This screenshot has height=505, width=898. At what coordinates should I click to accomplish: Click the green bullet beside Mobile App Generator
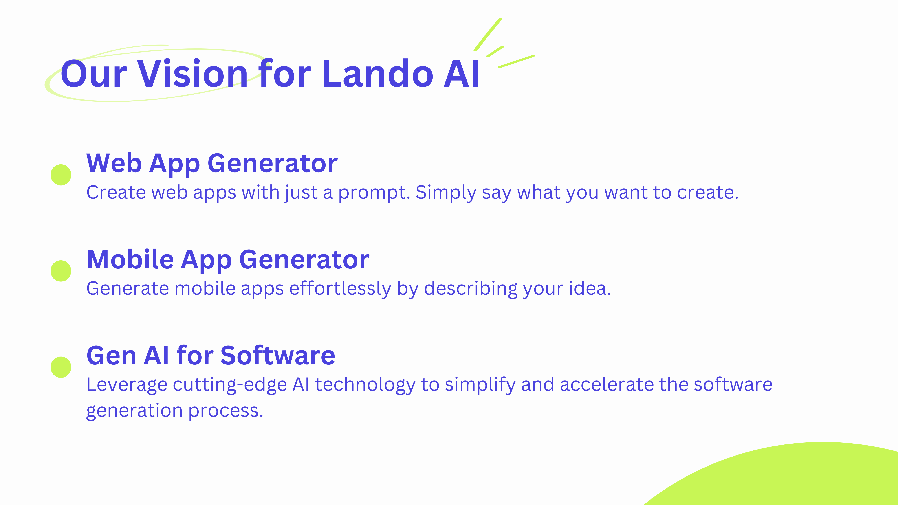tap(61, 271)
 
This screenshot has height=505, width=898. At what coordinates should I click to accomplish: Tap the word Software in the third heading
tap(277, 356)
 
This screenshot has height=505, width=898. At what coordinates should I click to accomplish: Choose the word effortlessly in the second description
tap(340, 289)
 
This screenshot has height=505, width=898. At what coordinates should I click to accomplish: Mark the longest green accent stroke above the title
tap(488, 35)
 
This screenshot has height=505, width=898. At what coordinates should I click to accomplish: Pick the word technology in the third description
tap(365, 385)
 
